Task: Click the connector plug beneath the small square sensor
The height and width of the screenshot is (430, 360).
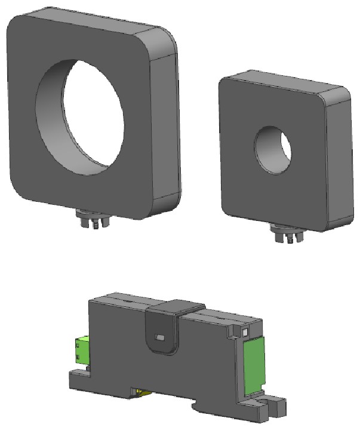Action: tap(285, 234)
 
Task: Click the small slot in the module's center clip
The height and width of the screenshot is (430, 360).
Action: tap(160, 338)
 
